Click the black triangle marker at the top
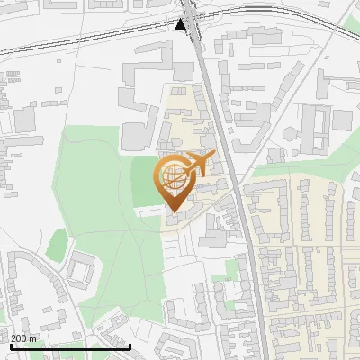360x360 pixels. coord(182,24)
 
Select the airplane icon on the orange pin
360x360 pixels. coord(197,163)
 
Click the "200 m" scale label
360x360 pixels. coord(24,338)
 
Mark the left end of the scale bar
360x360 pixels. coord(10,346)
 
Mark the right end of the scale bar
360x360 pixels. coord(130,346)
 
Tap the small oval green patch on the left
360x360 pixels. coord(58,244)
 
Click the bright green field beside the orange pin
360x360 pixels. coord(144,184)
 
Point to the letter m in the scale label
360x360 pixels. coord(32,338)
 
